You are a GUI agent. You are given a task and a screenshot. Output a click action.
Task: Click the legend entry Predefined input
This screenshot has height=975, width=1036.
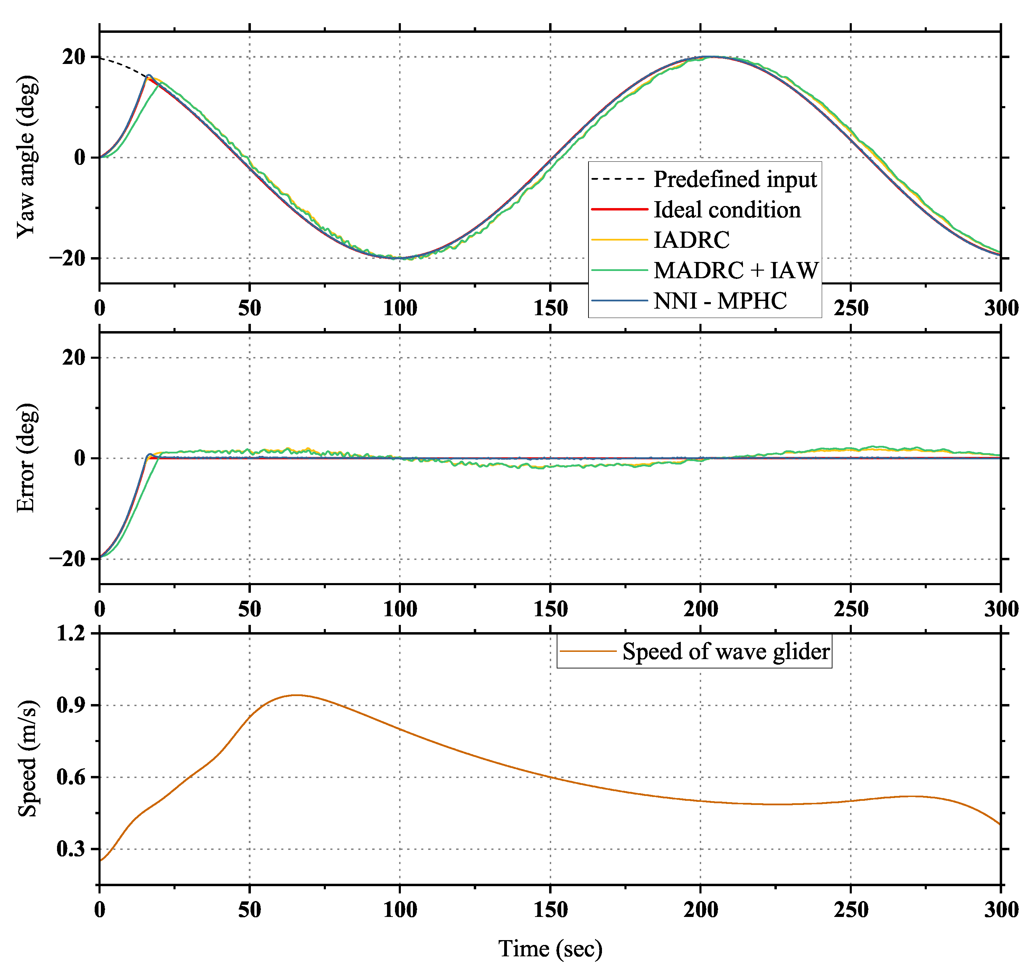pyautogui.click(x=735, y=179)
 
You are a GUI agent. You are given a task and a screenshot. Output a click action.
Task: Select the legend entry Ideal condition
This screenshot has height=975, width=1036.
pyautogui.click(x=727, y=209)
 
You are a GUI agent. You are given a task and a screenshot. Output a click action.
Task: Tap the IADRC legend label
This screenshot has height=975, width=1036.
pyautogui.click(x=691, y=240)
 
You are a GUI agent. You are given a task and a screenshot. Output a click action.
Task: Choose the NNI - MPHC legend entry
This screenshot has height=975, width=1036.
pyautogui.click(x=720, y=301)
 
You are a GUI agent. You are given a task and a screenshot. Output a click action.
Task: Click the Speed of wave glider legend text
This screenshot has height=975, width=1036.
pyautogui.click(x=725, y=651)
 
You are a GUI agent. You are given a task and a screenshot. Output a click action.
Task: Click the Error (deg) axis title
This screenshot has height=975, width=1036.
pyautogui.click(x=26, y=458)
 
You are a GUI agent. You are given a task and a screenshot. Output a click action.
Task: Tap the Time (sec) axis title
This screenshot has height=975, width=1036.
pyautogui.click(x=550, y=948)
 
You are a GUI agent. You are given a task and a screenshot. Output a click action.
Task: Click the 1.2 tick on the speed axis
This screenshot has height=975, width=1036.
pyautogui.click(x=70, y=634)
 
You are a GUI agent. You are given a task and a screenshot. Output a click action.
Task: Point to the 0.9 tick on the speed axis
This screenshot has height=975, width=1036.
pyautogui.click(x=70, y=705)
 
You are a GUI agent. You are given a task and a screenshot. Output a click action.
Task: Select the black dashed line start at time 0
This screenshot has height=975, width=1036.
pyautogui.click(x=101, y=58)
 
